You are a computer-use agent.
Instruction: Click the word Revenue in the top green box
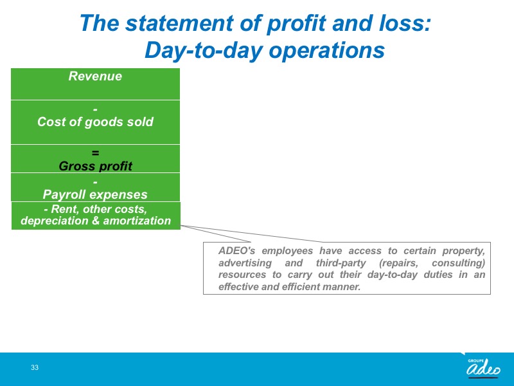(x=95, y=76)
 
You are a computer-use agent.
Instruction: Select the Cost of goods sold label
(x=95, y=122)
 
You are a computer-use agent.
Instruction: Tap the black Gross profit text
(x=95, y=166)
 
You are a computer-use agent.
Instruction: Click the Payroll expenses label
(x=95, y=194)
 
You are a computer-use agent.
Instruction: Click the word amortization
(x=137, y=221)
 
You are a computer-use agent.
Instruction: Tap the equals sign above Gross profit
(x=95, y=153)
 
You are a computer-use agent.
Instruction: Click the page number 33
(x=35, y=367)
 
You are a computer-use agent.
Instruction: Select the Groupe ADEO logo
(x=483, y=367)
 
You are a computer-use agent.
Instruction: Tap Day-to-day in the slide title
(x=204, y=50)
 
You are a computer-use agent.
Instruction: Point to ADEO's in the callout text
(x=237, y=251)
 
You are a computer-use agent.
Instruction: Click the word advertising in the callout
(x=245, y=263)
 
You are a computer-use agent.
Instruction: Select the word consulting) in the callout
(x=458, y=263)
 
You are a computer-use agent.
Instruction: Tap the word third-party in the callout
(x=341, y=263)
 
